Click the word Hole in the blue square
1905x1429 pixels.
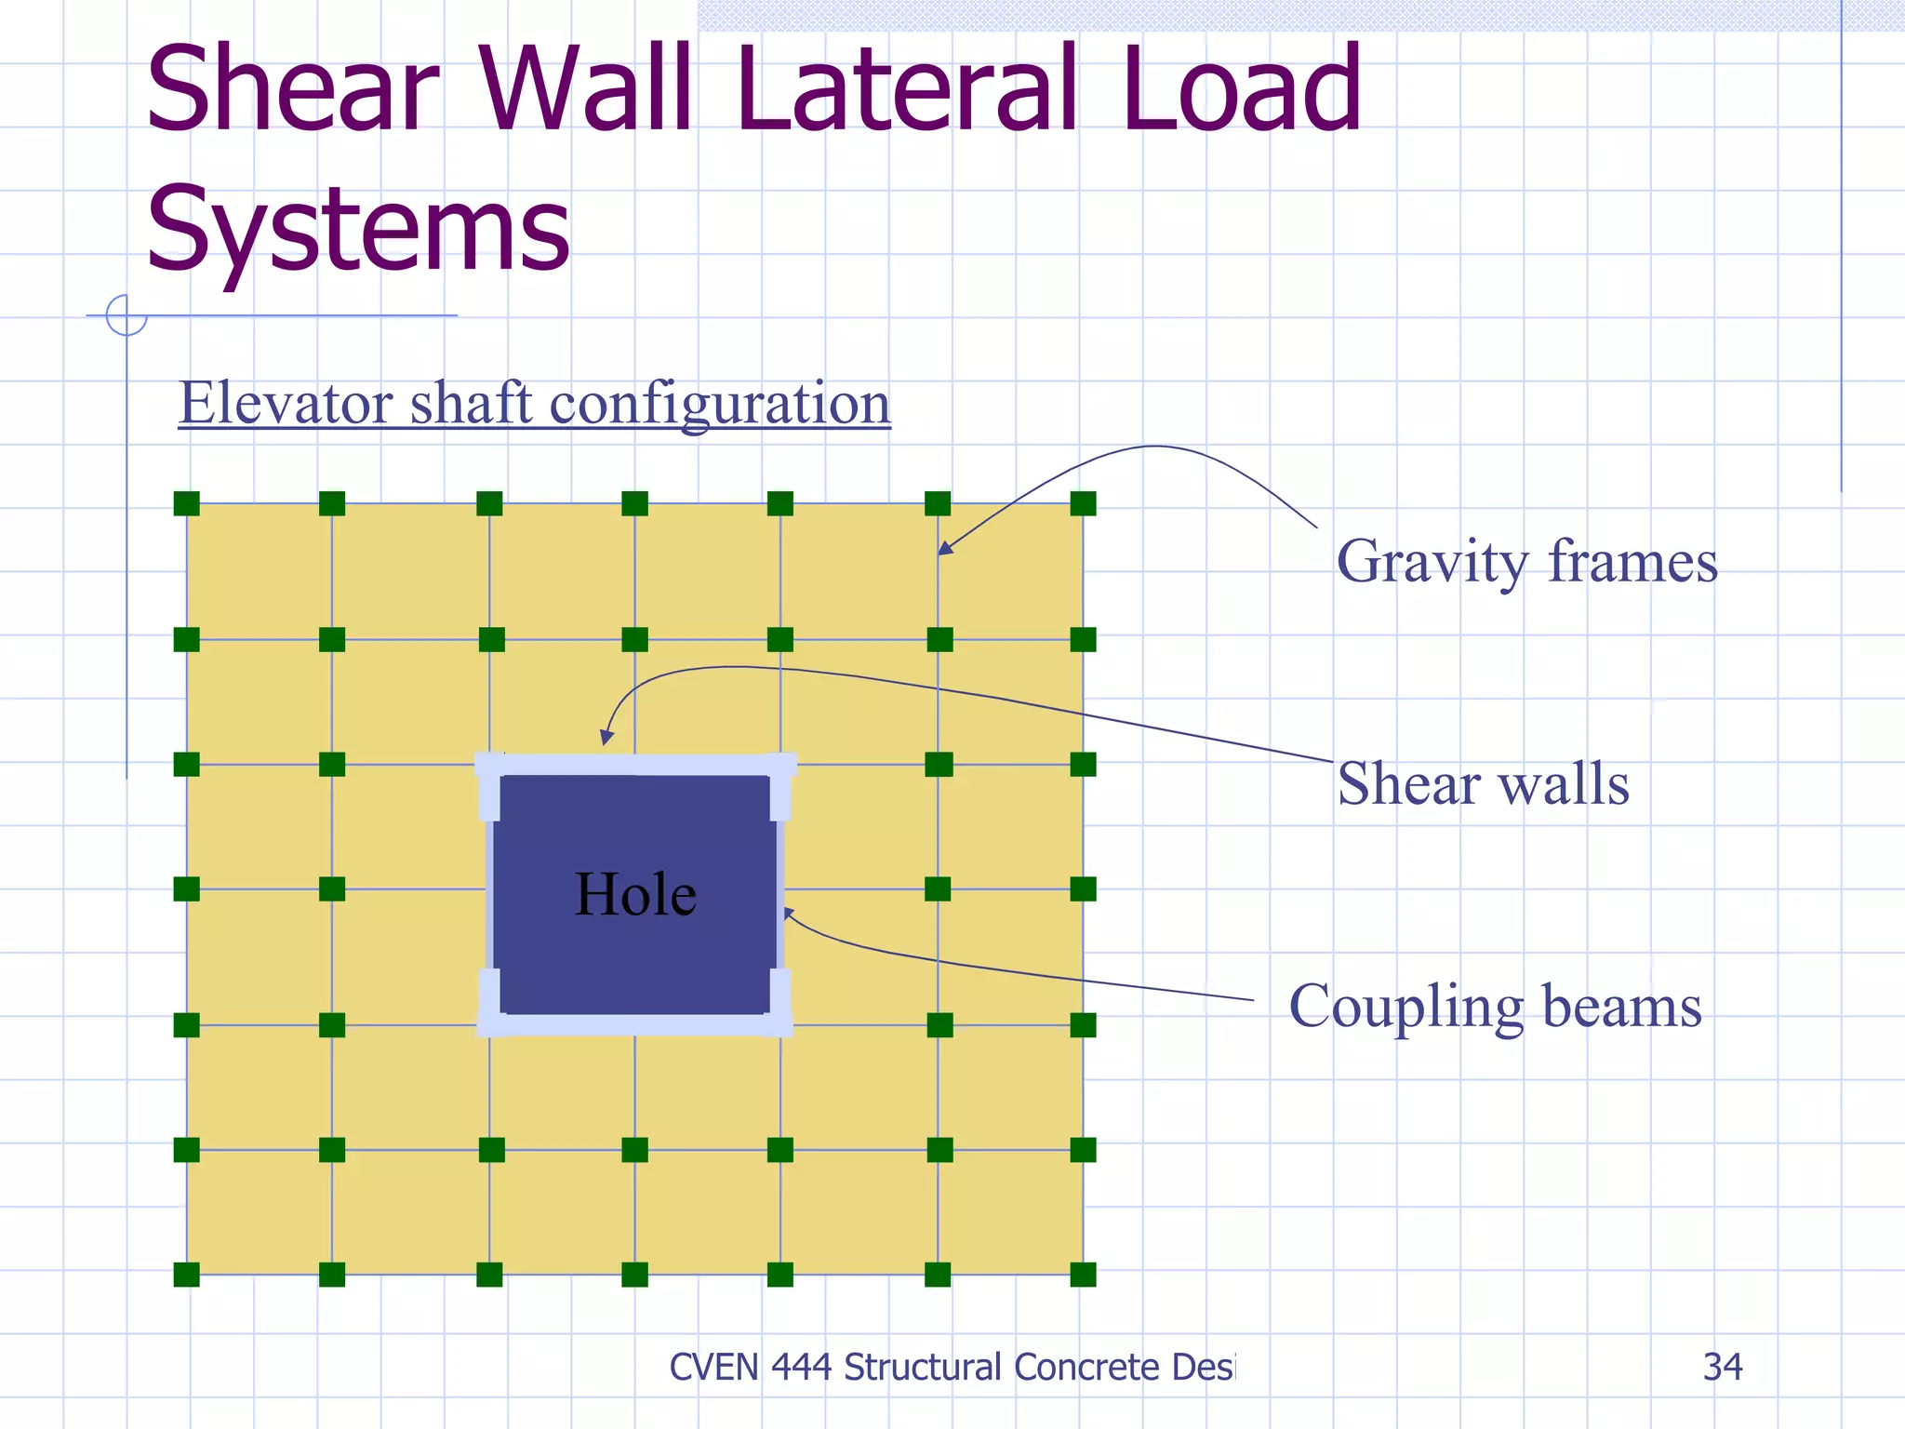(635, 894)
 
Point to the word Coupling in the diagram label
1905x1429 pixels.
(1405, 1007)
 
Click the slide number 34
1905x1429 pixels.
(1722, 1367)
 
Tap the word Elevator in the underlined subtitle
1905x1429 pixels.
(286, 403)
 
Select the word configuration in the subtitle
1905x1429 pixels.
(720, 405)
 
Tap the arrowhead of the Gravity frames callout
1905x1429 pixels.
(943, 549)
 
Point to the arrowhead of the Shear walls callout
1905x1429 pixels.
(606, 738)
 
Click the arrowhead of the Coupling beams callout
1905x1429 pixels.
(787, 913)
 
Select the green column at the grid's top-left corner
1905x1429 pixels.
(187, 504)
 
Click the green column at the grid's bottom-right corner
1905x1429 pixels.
(1083, 1275)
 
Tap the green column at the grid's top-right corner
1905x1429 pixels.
(1083, 504)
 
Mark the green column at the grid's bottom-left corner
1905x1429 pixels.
(187, 1275)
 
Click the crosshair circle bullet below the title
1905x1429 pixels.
(127, 314)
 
